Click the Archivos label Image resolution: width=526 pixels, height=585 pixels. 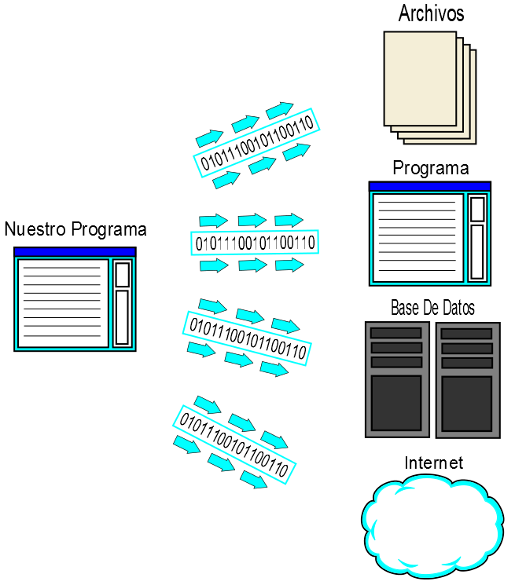click(431, 13)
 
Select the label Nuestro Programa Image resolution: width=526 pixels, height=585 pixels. click(75, 229)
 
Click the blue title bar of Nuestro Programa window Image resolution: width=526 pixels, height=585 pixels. click(75, 252)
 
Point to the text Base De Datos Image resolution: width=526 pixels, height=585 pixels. click(432, 307)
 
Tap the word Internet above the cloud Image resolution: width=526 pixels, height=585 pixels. click(433, 463)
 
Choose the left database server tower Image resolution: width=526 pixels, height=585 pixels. click(396, 379)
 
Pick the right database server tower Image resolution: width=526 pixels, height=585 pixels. click(467, 380)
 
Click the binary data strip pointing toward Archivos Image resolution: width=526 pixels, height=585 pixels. click(256, 142)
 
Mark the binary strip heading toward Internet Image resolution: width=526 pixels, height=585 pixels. click(234, 443)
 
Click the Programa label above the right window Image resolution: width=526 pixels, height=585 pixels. click(431, 168)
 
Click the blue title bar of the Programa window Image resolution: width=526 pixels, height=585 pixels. click(430, 186)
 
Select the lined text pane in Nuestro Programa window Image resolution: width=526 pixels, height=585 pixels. click(63, 303)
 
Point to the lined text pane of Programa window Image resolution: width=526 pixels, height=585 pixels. click(417, 237)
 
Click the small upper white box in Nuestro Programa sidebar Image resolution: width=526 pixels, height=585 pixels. click(123, 274)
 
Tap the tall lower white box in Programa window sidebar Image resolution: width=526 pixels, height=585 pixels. click(477, 251)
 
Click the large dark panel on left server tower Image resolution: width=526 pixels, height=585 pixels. click(396, 402)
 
